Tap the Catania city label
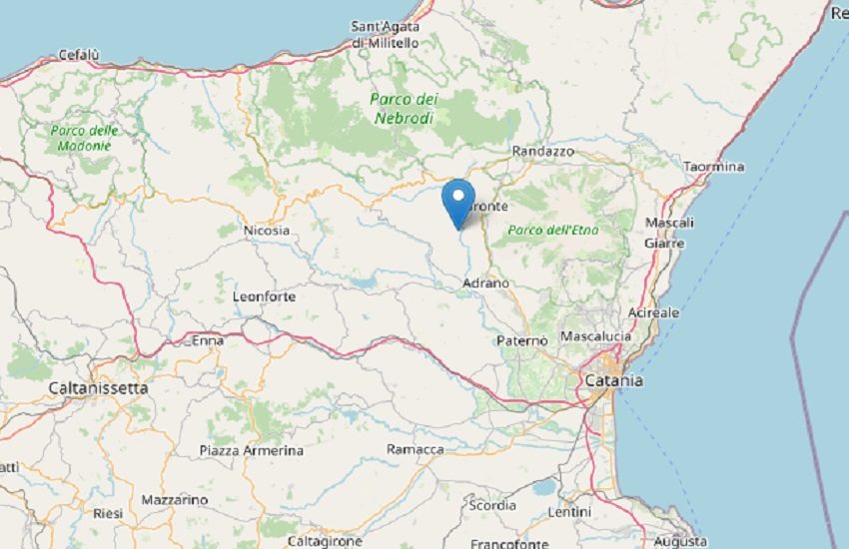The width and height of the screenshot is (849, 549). pyautogui.click(x=613, y=380)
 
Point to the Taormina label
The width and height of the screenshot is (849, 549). pyautogui.click(x=714, y=167)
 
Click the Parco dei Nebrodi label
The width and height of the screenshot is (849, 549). pyautogui.click(x=404, y=108)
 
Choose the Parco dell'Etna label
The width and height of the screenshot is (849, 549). pyautogui.click(x=552, y=231)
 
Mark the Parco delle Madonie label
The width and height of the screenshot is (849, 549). pyautogui.click(x=84, y=138)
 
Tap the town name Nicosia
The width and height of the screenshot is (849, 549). pyautogui.click(x=266, y=231)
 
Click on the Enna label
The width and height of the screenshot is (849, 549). pyautogui.click(x=207, y=340)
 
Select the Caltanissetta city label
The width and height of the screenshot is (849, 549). pyautogui.click(x=99, y=386)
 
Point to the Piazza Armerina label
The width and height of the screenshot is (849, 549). pyautogui.click(x=251, y=450)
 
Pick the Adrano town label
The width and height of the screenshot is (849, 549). pyautogui.click(x=486, y=283)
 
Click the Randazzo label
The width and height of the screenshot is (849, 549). pyautogui.click(x=542, y=151)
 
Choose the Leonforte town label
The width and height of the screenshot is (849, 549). pyautogui.click(x=265, y=296)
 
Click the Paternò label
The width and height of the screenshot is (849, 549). pyautogui.click(x=522, y=340)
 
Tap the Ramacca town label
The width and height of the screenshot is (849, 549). pyautogui.click(x=415, y=450)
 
